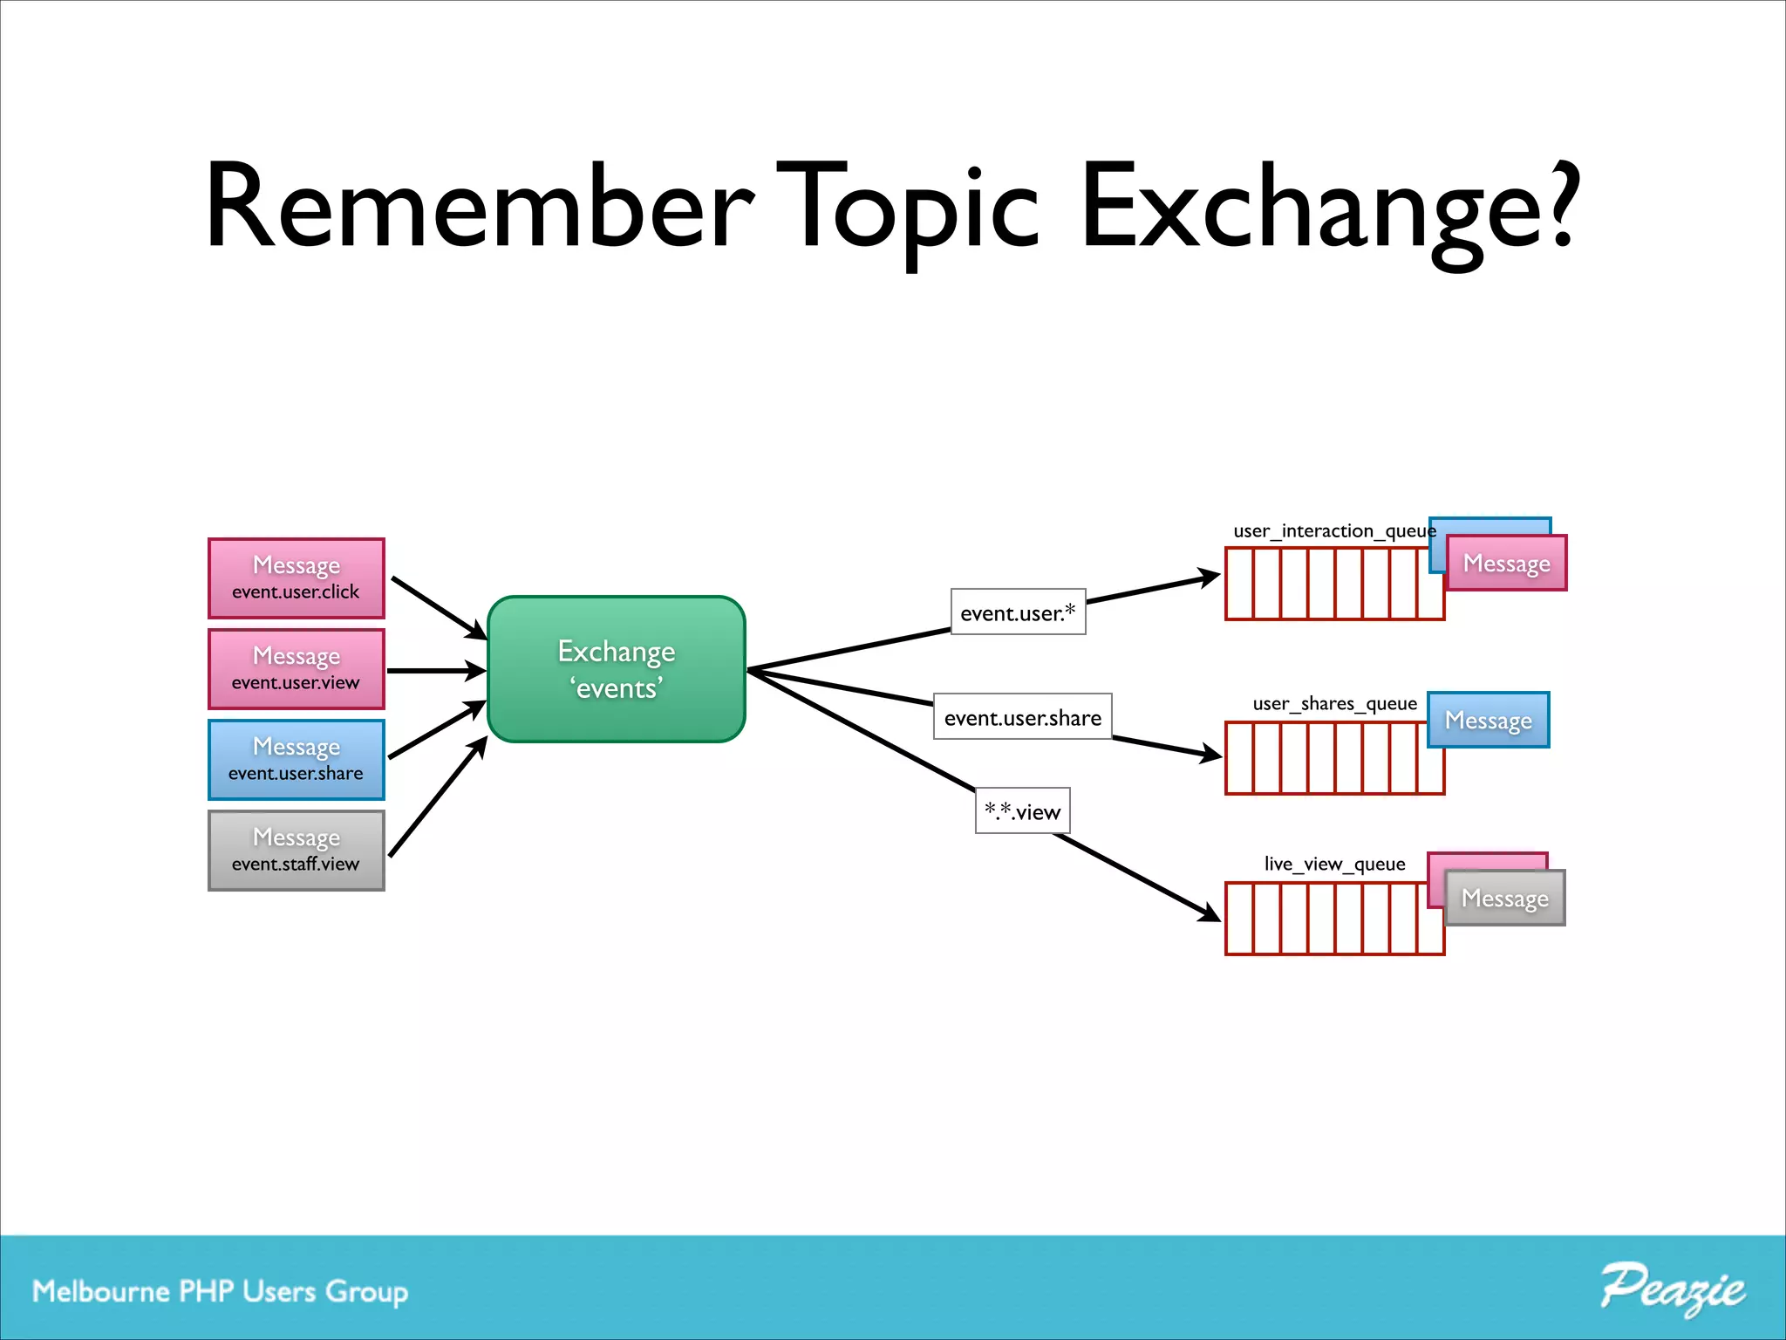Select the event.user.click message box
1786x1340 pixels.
point(296,578)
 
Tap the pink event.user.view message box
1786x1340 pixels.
point(296,669)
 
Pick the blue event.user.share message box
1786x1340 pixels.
point(296,760)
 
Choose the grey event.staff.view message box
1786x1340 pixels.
point(296,851)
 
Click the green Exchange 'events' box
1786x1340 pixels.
point(616,669)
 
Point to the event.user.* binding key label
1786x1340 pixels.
point(1018,612)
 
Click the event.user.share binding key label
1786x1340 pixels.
point(1022,717)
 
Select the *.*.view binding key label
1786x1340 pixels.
point(1022,811)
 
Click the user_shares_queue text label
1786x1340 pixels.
point(1334,703)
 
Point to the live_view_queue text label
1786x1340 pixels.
point(1334,864)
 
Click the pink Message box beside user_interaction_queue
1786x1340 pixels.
point(1506,564)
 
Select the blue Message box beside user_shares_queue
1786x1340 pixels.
point(1488,721)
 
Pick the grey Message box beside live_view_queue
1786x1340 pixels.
point(1504,899)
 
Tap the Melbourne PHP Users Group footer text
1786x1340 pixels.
point(220,1291)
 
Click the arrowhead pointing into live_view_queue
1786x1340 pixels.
point(1210,913)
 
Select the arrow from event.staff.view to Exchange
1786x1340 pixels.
point(436,797)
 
